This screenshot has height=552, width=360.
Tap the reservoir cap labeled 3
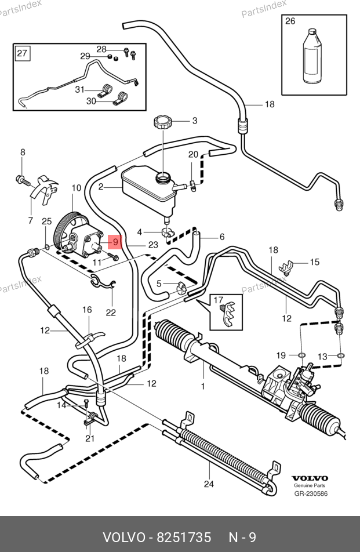tap(162, 123)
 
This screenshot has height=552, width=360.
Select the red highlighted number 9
tap(115, 241)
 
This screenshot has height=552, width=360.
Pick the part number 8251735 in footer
tap(184, 538)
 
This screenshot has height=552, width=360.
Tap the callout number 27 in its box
tap(21, 55)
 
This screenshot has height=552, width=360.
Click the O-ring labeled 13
tap(341, 355)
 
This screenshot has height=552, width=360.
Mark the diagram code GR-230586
tap(311, 494)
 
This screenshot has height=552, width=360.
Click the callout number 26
tap(290, 21)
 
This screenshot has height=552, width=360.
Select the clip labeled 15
tap(286, 267)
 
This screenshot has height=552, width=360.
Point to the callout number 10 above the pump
tap(77, 188)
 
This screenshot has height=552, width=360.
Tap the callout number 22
tap(111, 313)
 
